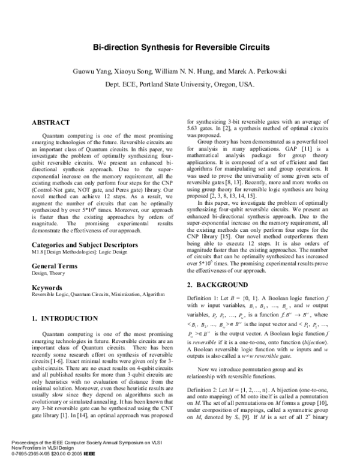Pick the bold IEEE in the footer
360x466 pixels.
click(88, 461)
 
